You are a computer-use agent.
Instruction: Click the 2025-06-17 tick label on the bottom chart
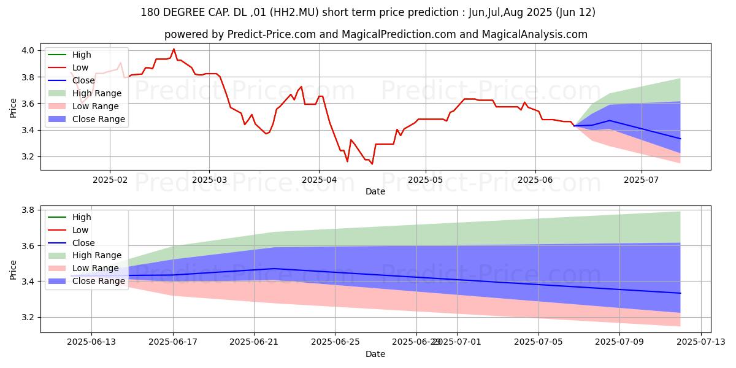(173, 343)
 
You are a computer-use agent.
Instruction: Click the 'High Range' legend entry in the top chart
(97, 93)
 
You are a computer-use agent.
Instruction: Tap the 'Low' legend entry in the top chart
(80, 67)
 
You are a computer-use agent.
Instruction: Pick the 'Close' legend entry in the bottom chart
(83, 243)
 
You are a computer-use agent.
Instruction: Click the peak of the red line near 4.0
(174, 49)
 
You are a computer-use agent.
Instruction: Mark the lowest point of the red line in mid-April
(372, 164)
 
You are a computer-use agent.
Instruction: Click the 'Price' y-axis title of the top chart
(13, 107)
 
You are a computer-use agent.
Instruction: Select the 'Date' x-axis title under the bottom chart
(375, 354)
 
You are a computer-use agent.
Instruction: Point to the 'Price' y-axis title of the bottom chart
(13, 269)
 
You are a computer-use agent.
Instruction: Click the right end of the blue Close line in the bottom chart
(680, 293)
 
